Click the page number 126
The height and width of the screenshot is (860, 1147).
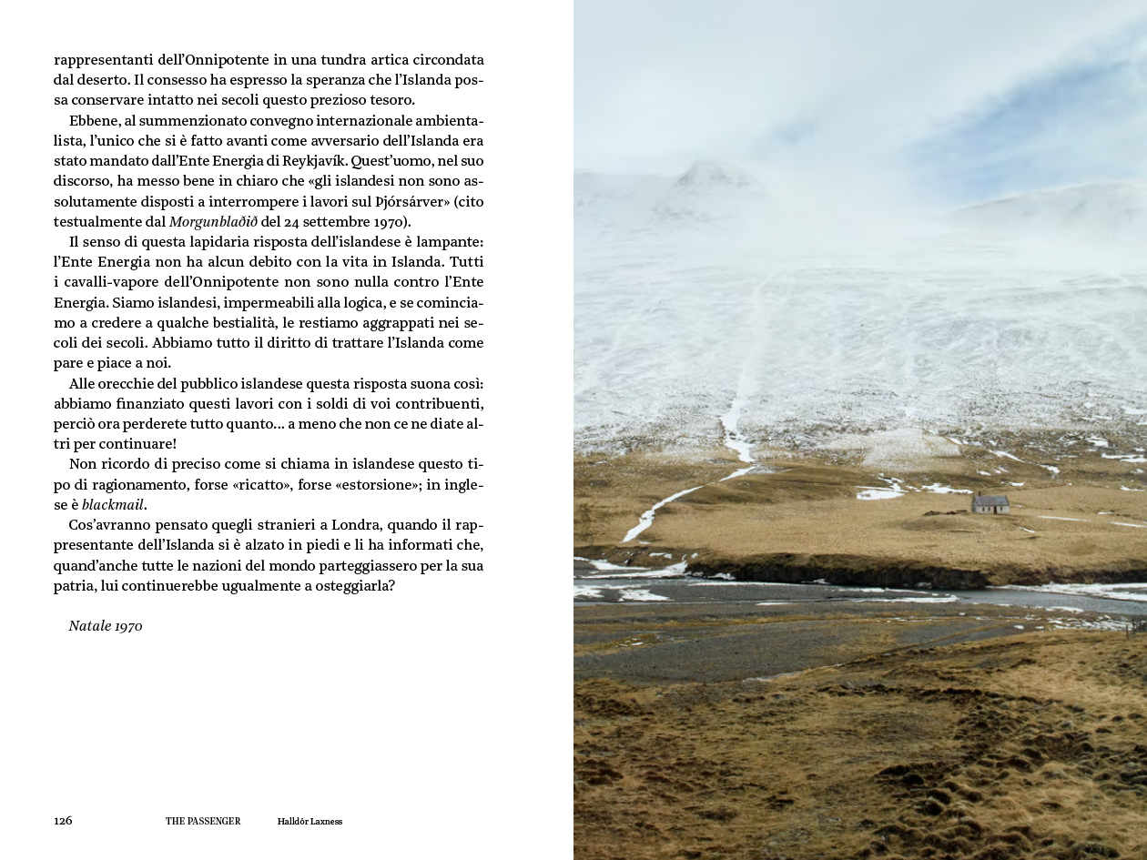coord(63,821)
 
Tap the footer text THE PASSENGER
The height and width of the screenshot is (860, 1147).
coord(203,821)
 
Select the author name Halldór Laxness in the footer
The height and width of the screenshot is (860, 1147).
coord(310,821)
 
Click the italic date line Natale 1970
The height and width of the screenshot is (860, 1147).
coord(106,626)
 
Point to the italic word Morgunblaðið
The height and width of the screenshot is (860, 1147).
coord(213,221)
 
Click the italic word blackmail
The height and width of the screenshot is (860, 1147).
coord(114,504)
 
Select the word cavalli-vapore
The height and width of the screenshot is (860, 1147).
coord(114,282)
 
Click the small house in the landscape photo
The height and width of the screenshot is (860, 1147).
coord(990,502)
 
